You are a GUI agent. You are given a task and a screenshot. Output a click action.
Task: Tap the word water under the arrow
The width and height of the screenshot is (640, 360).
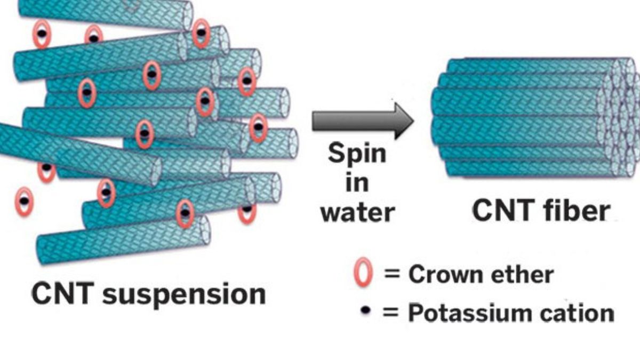[359, 212]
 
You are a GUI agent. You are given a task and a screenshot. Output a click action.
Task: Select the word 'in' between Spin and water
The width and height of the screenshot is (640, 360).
[357, 183]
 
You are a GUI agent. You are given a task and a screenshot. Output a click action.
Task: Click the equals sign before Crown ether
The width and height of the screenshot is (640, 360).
[392, 275]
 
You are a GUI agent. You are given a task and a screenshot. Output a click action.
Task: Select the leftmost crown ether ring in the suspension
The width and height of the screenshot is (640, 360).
[24, 202]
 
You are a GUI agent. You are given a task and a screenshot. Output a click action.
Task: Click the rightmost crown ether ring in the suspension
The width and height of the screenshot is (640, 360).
[258, 127]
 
